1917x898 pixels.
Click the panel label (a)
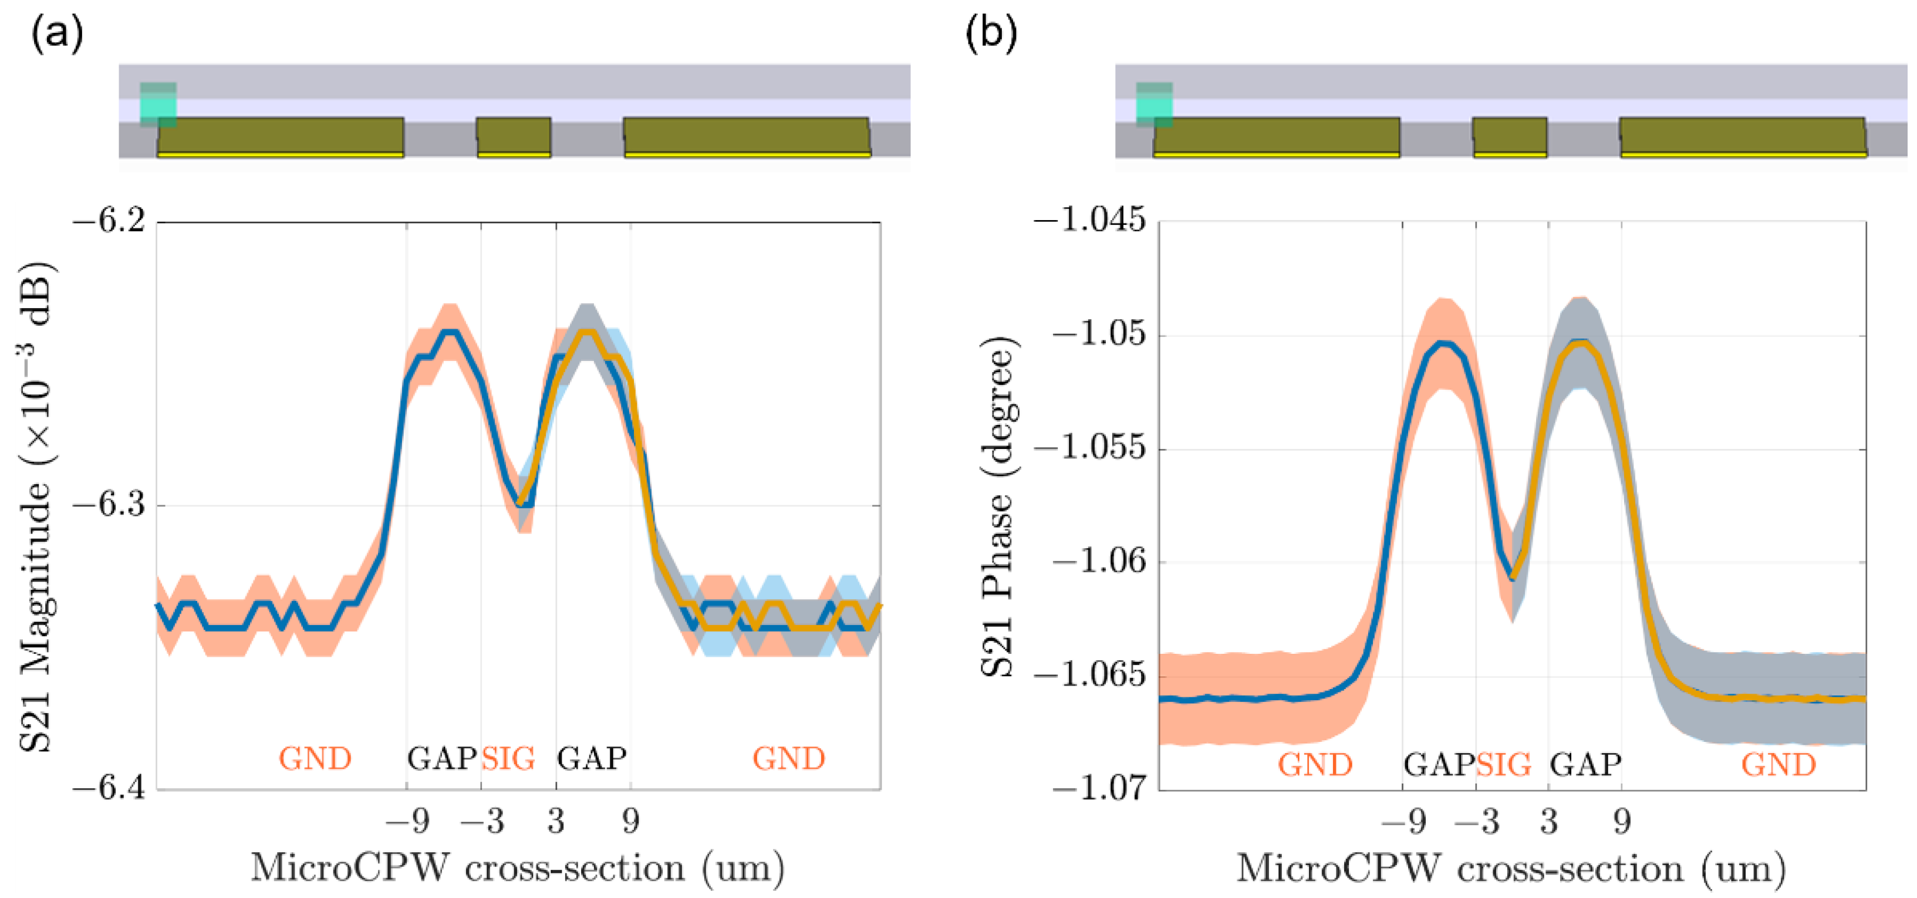56,33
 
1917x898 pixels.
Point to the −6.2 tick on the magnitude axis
109,222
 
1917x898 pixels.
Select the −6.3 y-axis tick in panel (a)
109,505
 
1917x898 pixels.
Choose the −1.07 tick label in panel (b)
1098,787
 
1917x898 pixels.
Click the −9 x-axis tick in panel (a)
407,821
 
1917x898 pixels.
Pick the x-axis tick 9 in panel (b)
1622,821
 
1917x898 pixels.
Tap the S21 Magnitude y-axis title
36,506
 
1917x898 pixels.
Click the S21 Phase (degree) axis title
997,506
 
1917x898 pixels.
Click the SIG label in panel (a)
508,759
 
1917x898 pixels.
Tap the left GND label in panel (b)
1315,765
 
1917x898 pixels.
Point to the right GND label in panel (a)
789,759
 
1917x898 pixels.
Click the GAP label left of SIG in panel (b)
1439,765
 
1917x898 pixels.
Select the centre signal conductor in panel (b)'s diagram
1509,136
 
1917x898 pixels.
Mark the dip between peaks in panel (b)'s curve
1511,576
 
